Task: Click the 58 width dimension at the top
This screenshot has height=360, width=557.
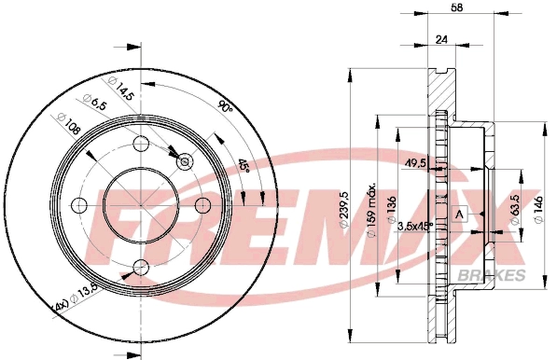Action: (457, 7)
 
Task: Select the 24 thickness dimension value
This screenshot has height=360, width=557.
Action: (441, 39)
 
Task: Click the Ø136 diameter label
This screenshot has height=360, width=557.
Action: (392, 210)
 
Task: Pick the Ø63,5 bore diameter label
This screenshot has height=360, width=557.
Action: (515, 209)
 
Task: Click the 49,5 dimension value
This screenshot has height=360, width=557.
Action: (416, 163)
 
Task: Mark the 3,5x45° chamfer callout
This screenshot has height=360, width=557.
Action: (415, 226)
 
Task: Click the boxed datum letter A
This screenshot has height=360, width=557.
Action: (459, 215)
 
